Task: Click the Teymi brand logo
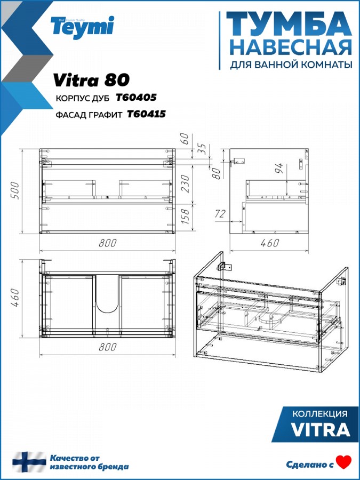coord(82,27)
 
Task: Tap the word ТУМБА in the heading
coord(289,25)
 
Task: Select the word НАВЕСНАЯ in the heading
coord(291,48)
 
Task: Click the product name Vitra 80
coord(91,80)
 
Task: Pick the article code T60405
coord(136,98)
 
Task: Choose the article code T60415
coord(146,114)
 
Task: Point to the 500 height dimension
coord(15,190)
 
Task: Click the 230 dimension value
coord(185,183)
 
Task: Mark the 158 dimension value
coord(185,216)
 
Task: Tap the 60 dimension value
coord(185,139)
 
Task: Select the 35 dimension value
coord(202,149)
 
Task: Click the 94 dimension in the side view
coord(279,169)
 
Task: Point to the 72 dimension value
coord(220,214)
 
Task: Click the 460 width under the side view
coord(270,243)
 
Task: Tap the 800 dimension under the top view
coord(107,347)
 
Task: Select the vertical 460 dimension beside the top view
coord(15,298)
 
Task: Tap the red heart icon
coord(343,462)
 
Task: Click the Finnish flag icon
coord(29,462)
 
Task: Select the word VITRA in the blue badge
coord(321,429)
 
